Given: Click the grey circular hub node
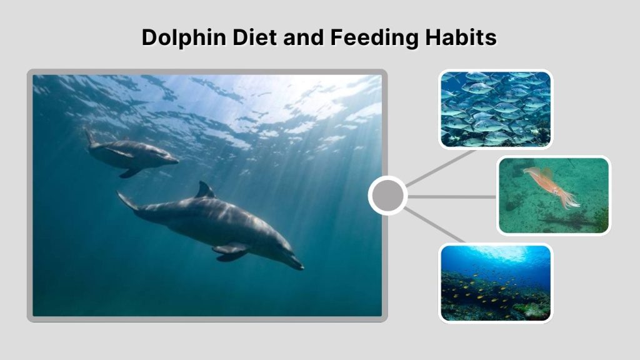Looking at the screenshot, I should pyautogui.click(x=387, y=196).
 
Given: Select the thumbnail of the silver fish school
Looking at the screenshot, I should pyautogui.click(x=496, y=109).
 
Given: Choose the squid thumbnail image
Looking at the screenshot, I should pyautogui.click(x=554, y=196).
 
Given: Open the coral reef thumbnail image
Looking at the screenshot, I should pyautogui.click(x=496, y=283).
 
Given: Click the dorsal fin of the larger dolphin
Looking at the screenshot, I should pyautogui.click(x=204, y=190).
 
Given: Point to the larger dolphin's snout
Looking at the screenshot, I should pyautogui.click(x=296, y=265).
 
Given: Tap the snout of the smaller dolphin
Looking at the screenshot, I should pyautogui.click(x=174, y=161).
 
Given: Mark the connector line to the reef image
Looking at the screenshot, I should pyautogui.click(x=436, y=226).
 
